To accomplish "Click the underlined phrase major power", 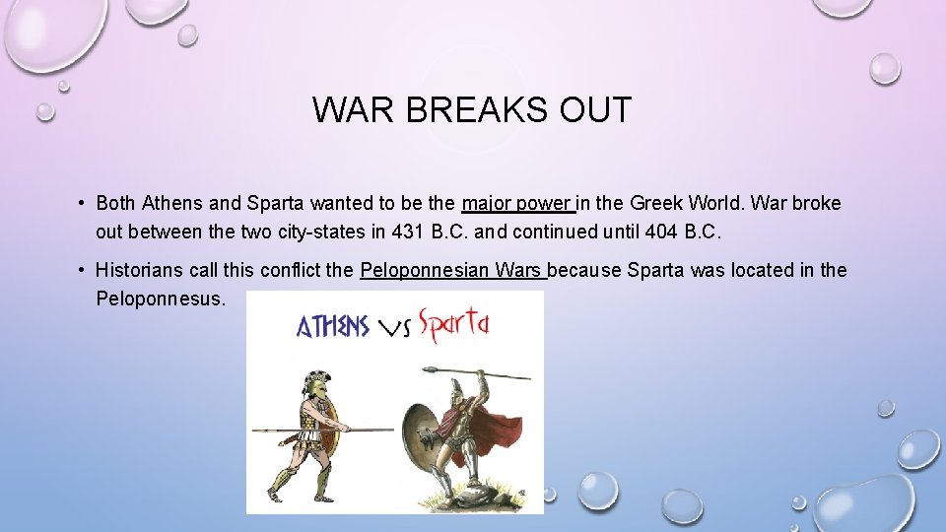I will pyautogui.click(x=515, y=204).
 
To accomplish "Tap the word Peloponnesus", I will pyautogui.click(x=160, y=298).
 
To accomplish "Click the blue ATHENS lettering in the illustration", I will pyautogui.click(x=333, y=326).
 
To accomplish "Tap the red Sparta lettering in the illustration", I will pyautogui.click(x=453, y=325).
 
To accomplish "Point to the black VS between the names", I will pyautogui.click(x=395, y=329).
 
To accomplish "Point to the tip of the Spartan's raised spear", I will pyautogui.click(x=432, y=370).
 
